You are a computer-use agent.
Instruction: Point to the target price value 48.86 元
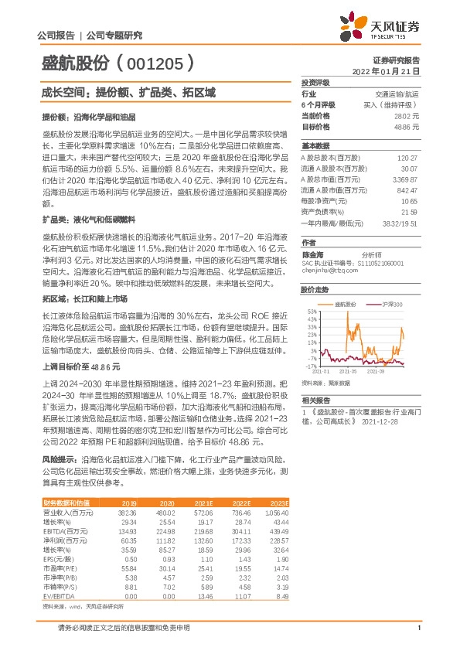(407, 125)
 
